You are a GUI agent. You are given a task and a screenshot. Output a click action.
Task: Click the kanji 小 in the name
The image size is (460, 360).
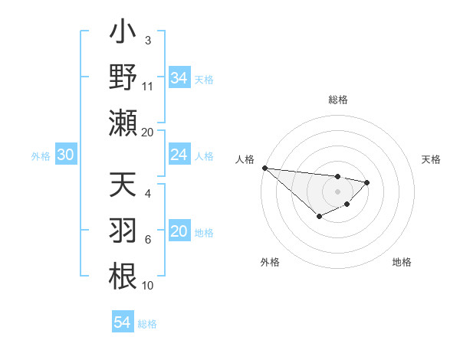[123, 34]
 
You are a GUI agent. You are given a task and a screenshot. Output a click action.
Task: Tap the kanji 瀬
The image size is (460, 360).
[123, 123]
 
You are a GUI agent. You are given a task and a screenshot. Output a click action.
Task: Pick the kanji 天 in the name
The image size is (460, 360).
[123, 187]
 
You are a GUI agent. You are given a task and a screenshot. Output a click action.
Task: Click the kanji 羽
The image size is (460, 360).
[123, 231]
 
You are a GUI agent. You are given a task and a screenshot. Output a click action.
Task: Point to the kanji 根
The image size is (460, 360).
[123, 275]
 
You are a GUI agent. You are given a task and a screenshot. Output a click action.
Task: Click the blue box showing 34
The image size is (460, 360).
[179, 77]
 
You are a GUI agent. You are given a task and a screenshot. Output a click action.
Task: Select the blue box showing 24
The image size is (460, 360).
[179, 155]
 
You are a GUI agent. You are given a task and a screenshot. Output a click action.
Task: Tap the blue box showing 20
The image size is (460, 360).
[179, 232]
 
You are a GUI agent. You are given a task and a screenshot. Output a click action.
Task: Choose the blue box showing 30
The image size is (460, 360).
[65, 155]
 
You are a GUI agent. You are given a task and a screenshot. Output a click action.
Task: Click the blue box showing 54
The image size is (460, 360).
[122, 322]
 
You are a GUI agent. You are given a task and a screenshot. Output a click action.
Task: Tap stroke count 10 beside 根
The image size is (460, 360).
[148, 286]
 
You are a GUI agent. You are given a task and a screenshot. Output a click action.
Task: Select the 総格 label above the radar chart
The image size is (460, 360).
[337, 100]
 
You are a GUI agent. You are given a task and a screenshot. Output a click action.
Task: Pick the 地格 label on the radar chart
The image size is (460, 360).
[402, 262]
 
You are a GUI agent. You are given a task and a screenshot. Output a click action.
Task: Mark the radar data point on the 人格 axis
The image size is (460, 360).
[264, 168]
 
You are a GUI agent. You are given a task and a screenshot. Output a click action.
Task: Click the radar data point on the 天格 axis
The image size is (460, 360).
[367, 182]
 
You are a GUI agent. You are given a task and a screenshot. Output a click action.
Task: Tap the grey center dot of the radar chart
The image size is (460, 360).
[337, 191]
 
